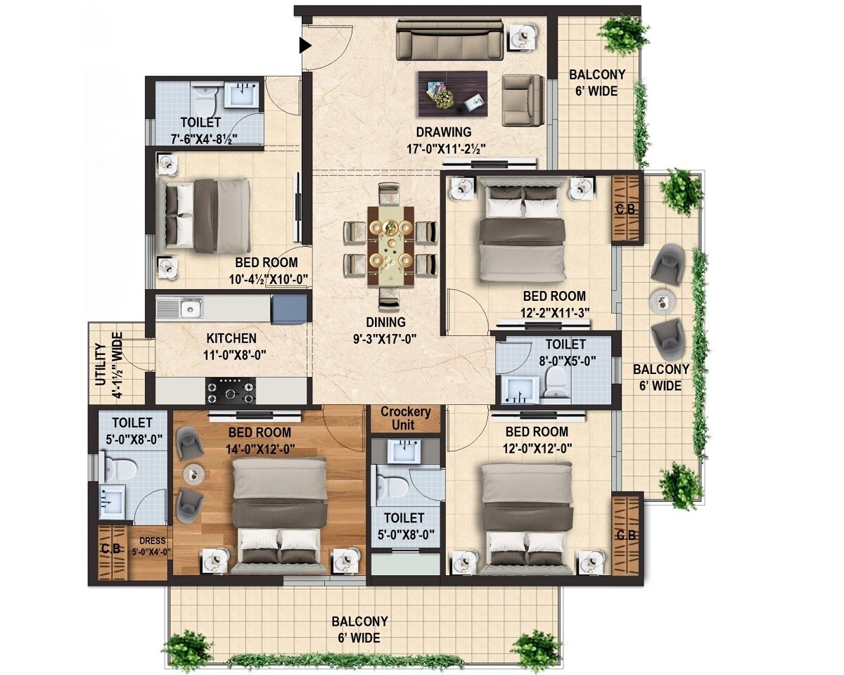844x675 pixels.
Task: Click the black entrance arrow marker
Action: pos(305,46)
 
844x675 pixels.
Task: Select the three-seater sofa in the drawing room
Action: pos(449,40)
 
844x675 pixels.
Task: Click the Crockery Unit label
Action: pos(405,418)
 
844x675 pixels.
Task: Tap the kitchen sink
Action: pos(190,307)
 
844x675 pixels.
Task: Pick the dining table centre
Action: pos(390,243)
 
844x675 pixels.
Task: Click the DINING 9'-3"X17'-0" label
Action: pos(385,330)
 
